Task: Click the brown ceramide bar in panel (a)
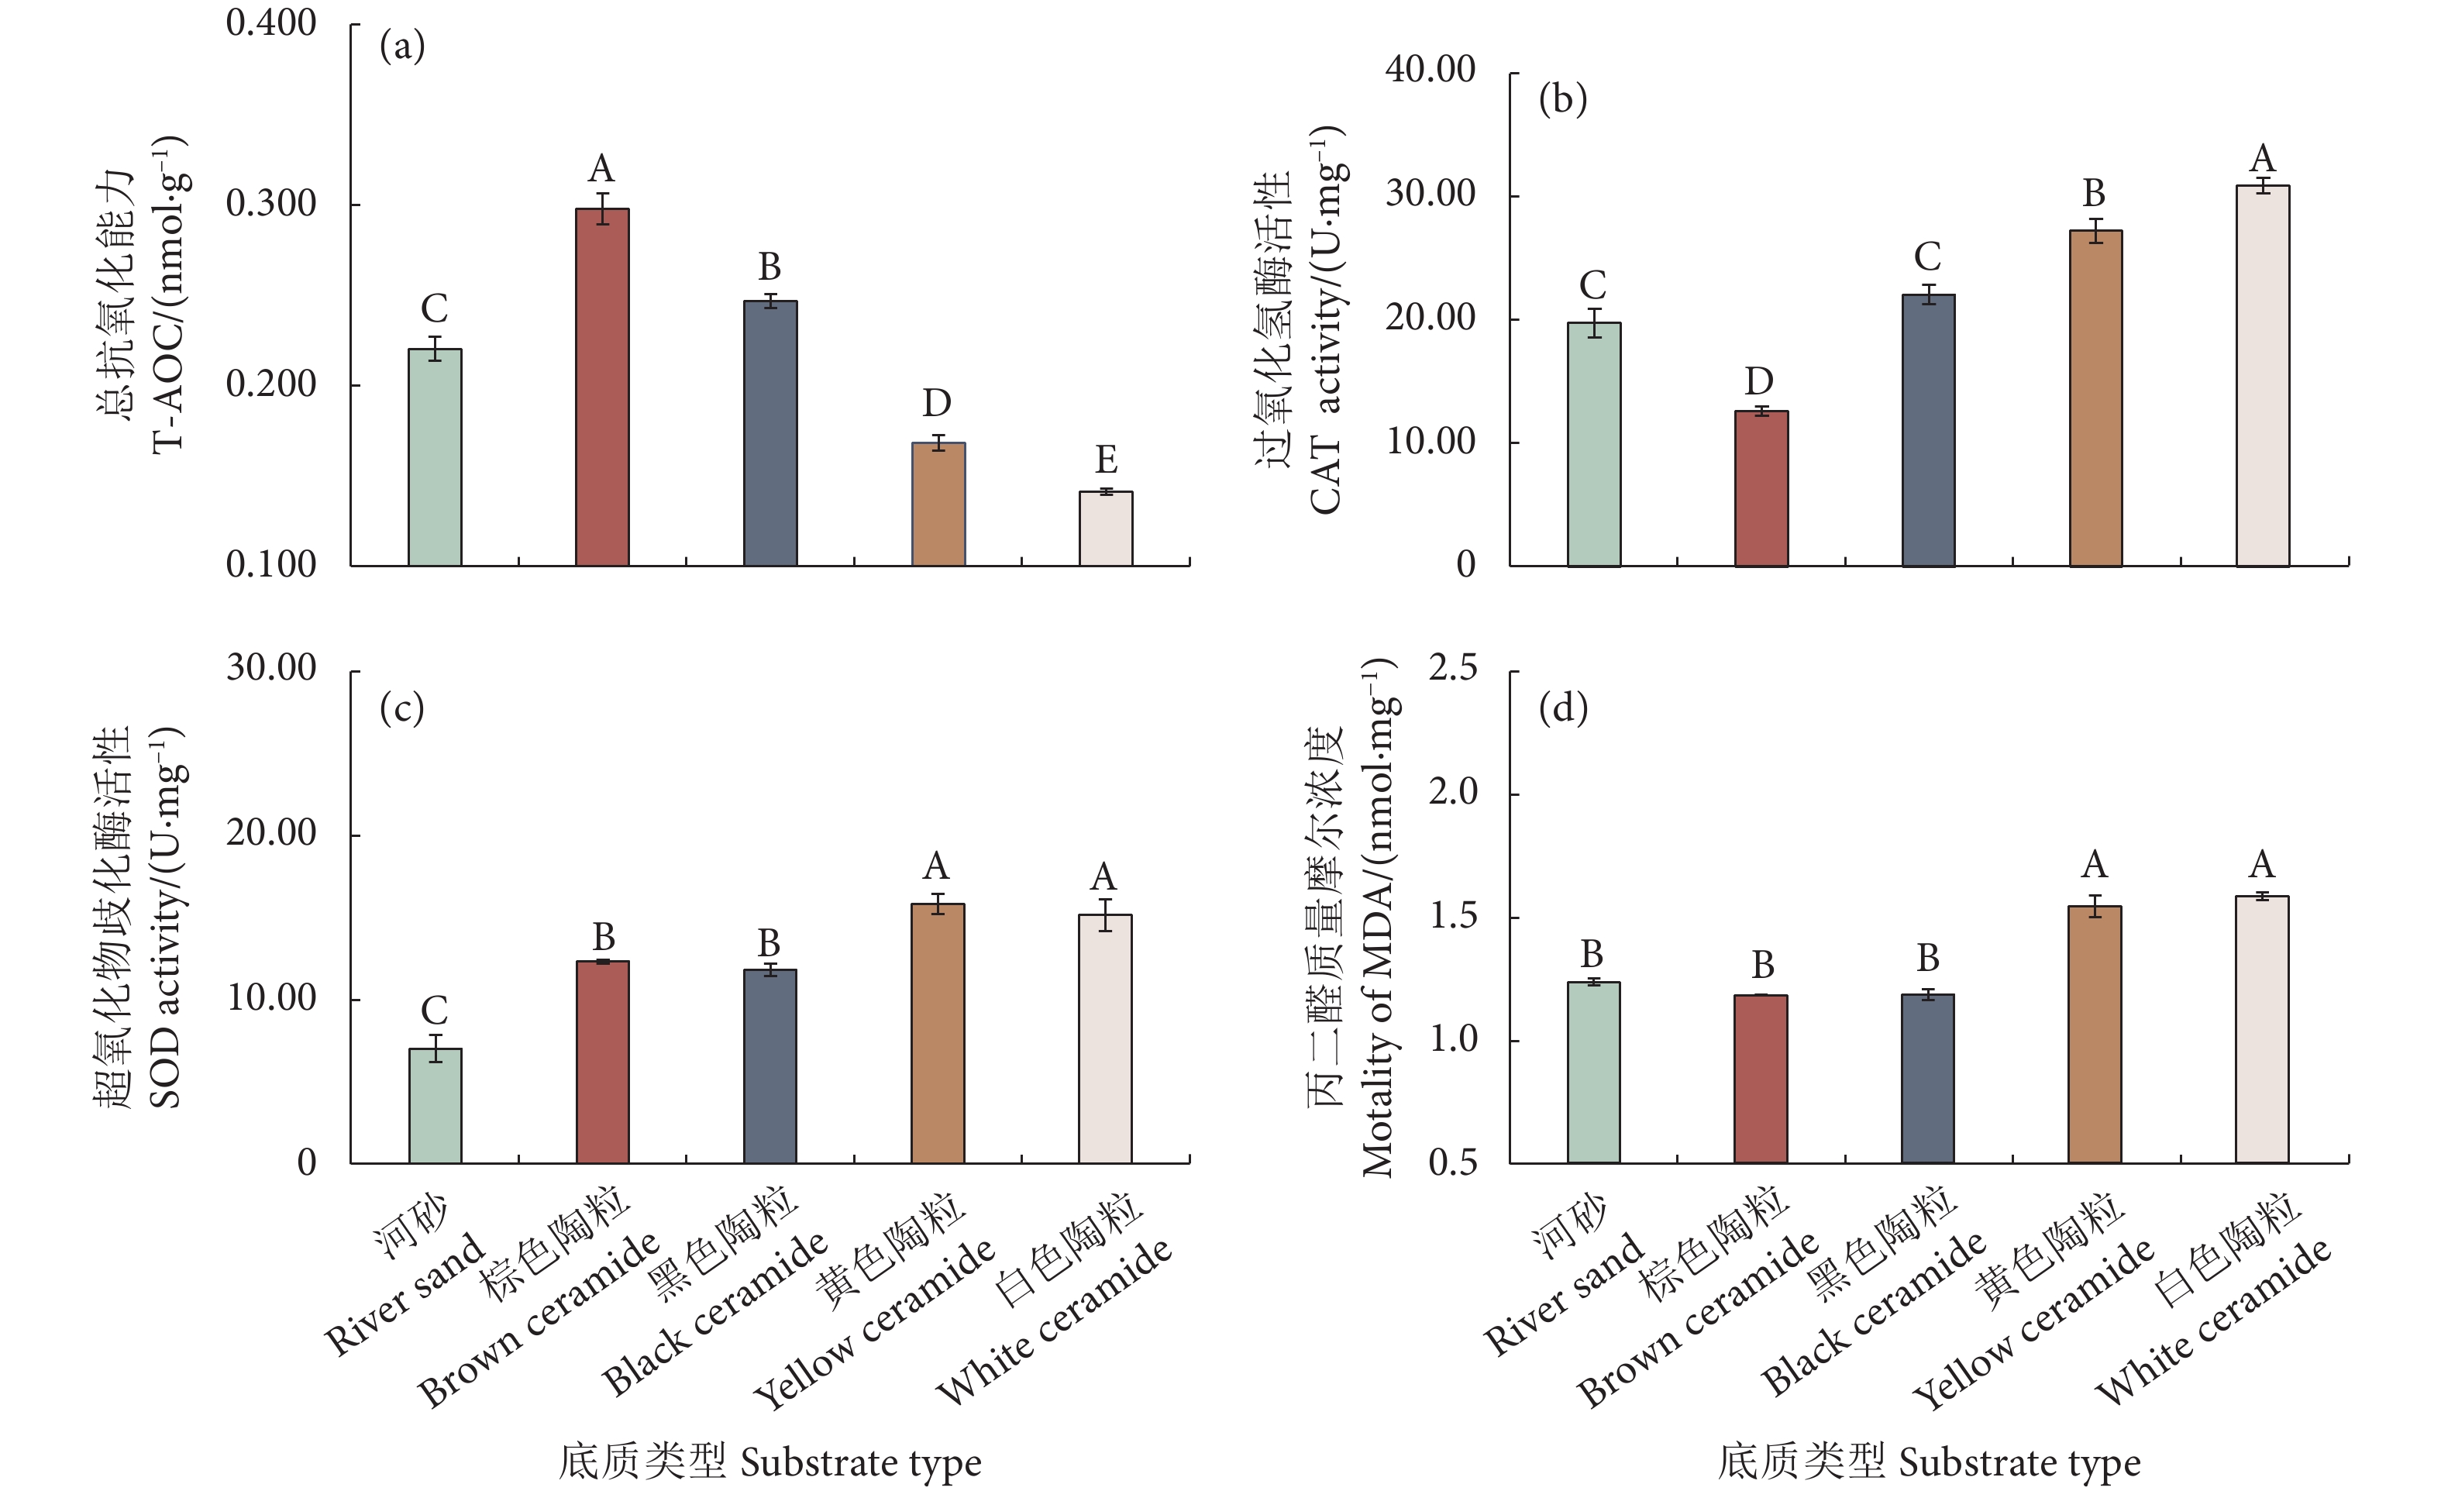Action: [602, 387]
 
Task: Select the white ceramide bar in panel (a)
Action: [1106, 528]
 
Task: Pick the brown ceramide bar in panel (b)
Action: [1761, 487]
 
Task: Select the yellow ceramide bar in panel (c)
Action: [937, 1032]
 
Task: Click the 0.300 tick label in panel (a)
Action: [270, 203]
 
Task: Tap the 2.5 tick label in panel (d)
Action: [1452, 668]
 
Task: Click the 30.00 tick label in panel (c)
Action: [270, 668]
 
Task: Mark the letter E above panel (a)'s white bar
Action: [1106, 460]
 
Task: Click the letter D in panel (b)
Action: [1758, 380]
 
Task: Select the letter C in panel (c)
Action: [434, 1011]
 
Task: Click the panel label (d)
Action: [1562, 708]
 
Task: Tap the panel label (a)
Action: [402, 46]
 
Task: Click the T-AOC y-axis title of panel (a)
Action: [168, 293]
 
